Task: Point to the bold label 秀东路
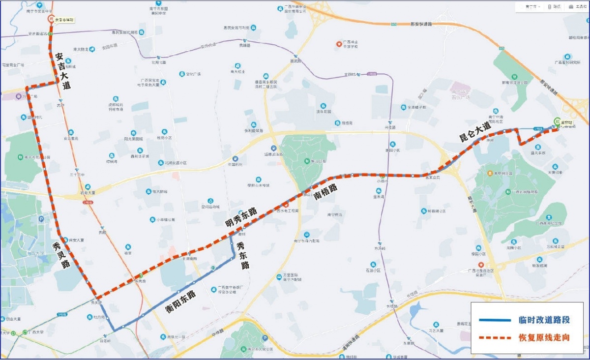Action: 242,255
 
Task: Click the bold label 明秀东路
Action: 241,218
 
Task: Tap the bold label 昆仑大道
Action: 475,131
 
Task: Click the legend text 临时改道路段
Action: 544,320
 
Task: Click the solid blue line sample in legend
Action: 495,320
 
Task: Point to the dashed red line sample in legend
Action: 495,338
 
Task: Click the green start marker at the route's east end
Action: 557,120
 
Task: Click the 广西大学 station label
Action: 35,332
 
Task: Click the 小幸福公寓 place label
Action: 165,220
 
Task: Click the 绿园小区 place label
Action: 478,254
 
